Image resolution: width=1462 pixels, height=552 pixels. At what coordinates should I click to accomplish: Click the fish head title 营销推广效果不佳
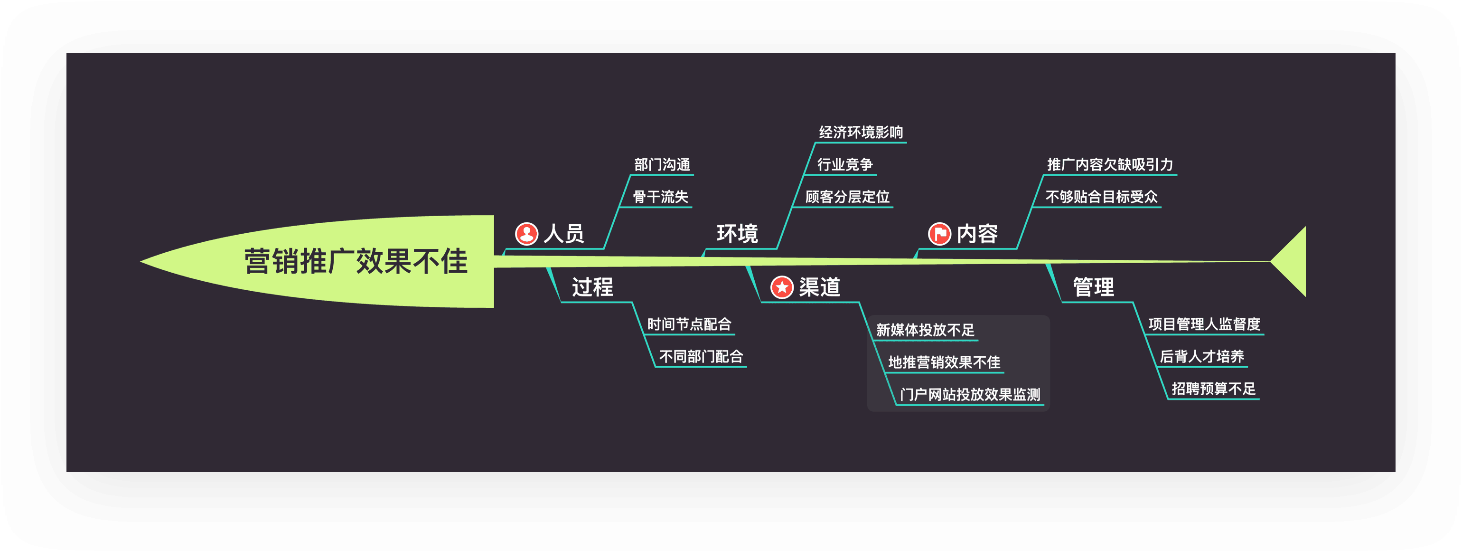point(356,262)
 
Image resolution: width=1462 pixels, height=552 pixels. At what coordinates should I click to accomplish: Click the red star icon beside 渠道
point(781,287)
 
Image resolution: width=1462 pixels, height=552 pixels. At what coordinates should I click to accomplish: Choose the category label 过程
point(592,287)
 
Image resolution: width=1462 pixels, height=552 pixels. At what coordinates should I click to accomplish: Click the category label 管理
point(1093,287)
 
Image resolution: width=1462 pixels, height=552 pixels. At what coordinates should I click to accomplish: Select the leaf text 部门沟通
point(662,165)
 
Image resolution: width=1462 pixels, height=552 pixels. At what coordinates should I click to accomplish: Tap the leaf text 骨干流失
point(661,197)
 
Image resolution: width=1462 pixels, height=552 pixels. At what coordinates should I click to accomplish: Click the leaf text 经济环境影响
point(861,133)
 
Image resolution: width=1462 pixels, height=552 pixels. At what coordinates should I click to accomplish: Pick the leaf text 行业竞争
point(844,165)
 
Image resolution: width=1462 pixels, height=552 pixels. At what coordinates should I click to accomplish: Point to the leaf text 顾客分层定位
point(847,197)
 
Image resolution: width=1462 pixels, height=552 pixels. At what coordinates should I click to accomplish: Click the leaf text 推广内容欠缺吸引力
point(1110,165)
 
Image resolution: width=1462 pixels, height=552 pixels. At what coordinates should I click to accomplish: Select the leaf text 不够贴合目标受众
point(1101,197)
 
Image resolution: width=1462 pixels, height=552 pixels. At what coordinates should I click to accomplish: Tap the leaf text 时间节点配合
point(689,324)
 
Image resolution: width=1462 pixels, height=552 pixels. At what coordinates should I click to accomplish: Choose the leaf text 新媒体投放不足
point(925,330)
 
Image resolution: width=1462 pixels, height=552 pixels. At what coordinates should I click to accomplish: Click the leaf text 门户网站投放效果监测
point(970,395)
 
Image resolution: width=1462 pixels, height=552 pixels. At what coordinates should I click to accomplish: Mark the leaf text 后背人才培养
point(1201,357)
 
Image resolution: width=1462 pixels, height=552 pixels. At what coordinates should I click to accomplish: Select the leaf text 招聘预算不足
point(1213,389)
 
